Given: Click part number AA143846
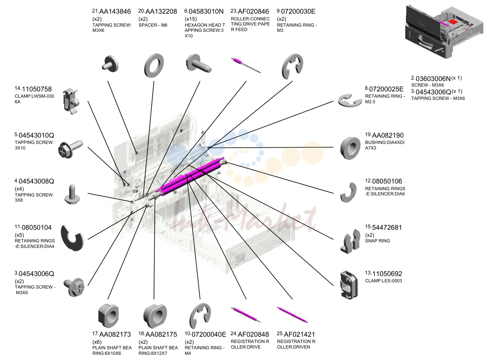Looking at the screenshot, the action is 115,11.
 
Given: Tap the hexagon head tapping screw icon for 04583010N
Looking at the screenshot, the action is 198,64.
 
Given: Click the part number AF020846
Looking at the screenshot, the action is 253,11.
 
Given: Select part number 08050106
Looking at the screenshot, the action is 387,181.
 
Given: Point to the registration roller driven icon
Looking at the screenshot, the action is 293,314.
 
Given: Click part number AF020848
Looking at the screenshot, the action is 253,334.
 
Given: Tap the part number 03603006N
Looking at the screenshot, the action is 433,79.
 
